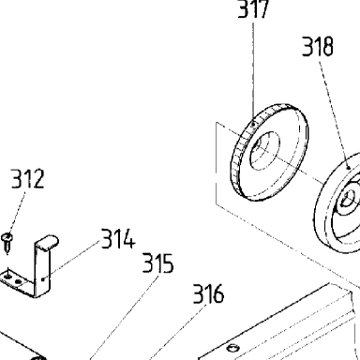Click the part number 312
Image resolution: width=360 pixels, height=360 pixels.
click(x=27, y=179)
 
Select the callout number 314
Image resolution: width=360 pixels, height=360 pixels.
click(x=118, y=239)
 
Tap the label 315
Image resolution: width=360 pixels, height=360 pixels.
click(x=157, y=263)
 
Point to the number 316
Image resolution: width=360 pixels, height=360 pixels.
click(x=208, y=293)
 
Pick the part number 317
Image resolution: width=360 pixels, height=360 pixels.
click(x=253, y=8)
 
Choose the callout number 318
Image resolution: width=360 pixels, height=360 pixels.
click(x=318, y=47)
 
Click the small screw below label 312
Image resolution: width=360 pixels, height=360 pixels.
click(x=7, y=242)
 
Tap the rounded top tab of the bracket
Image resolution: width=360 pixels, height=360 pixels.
click(x=48, y=242)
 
